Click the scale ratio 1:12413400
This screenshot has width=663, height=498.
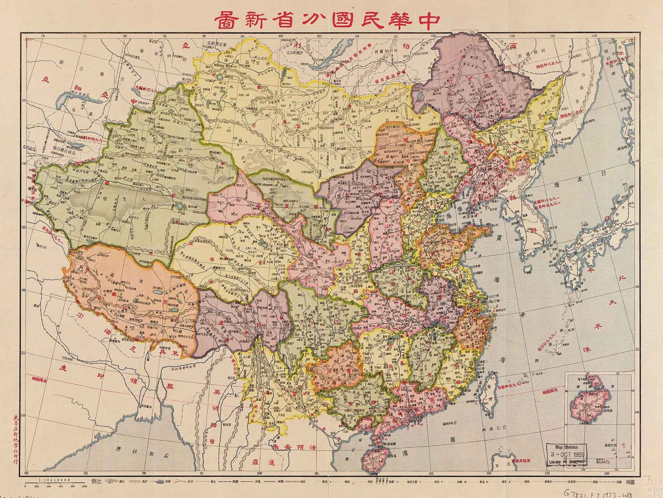click(54, 479)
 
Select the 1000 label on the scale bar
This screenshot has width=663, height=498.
click(85, 486)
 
